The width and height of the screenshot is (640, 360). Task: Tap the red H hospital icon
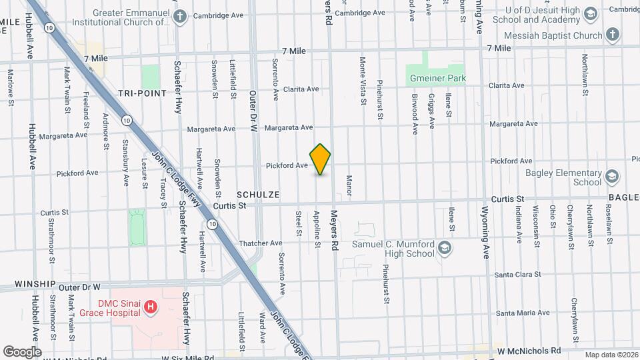pyautogui.click(x=151, y=308)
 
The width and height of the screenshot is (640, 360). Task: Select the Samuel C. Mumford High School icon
pyautogui.click(x=445, y=249)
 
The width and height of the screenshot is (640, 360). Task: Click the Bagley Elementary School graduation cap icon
pyautogui.click(x=613, y=177)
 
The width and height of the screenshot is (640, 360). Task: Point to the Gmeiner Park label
pyautogui.click(x=437, y=78)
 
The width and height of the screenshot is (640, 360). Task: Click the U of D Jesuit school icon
pyautogui.click(x=590, y=15)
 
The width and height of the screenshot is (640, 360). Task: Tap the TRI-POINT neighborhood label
pyautogui.click(x=142, y=93)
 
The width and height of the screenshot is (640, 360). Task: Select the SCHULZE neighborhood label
pyautogui.click(x=257, y=194)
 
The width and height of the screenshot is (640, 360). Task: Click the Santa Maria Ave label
pyautogui.click(x=523, y=313)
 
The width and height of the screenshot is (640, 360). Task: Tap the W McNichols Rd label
pyautogui.click(x=529, y=350)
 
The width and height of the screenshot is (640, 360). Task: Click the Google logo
pyautogui.click(x=23, y=351)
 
